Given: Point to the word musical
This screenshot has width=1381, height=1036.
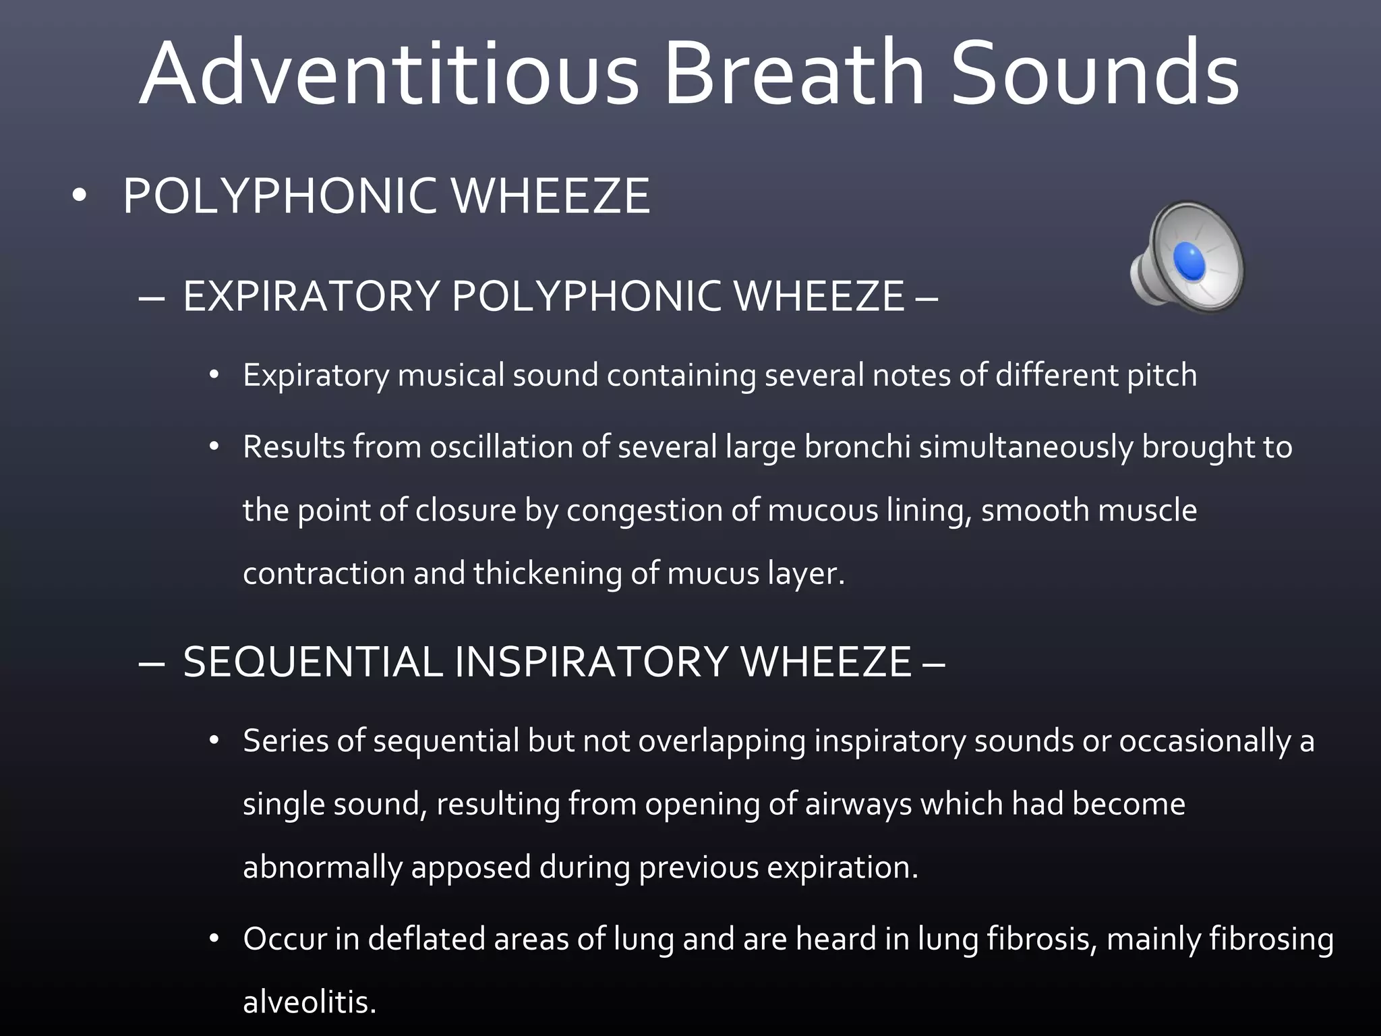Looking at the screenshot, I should coord(450,375).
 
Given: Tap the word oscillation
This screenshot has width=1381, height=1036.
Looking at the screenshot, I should coord(502,447).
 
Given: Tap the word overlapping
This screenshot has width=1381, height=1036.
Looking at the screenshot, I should coord(722,741).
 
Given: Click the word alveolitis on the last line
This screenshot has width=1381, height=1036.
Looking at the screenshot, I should coord(309,1002).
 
